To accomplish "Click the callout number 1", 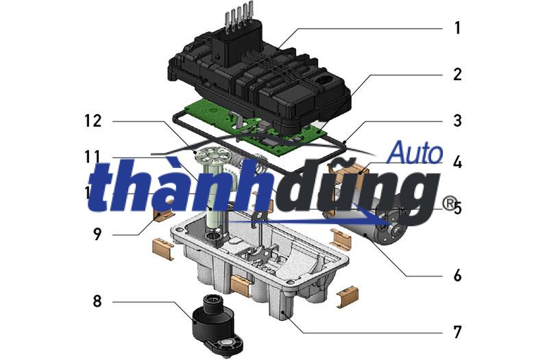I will pos(457,29).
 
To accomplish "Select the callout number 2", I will pos(457,75).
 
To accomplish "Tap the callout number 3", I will pos(457,121).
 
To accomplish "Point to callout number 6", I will pos(457,276).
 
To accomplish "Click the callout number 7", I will pos(457,333).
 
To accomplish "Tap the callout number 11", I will pos(93,156).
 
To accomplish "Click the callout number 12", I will pos(93,121).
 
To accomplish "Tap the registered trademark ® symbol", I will pos(449,204).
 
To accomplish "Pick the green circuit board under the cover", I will pos(274,134).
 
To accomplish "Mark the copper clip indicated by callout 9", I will pos(162,218).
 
